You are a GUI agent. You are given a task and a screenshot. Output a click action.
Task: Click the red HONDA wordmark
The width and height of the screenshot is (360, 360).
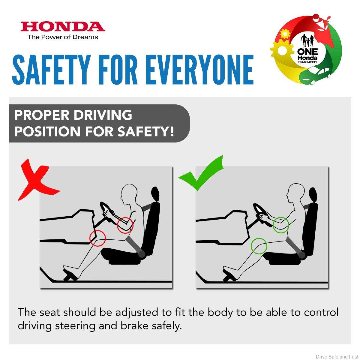point(63,26)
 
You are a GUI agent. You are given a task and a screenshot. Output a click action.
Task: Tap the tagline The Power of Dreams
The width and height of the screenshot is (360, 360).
point(63,37)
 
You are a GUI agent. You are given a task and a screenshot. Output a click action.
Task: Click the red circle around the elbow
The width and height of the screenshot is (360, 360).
point(125,225)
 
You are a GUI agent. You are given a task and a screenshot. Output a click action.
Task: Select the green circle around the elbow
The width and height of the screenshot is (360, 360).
point(281,225)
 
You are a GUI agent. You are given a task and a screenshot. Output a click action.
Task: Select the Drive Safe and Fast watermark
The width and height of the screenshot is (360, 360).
point(337,356)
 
